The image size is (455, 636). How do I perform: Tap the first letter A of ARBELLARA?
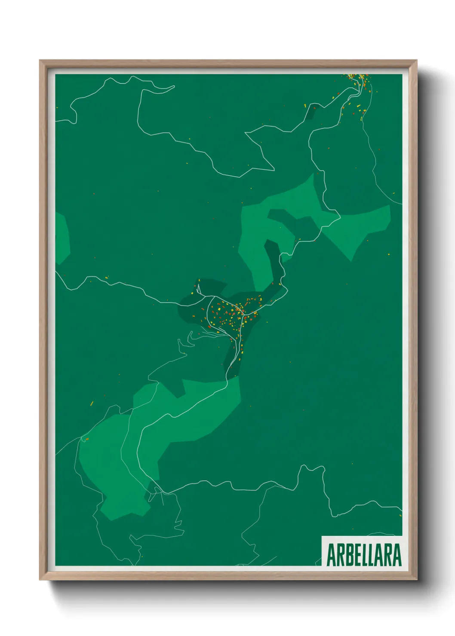click(x=332, y=555)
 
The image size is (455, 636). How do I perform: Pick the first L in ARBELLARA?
click(x=366, y=555)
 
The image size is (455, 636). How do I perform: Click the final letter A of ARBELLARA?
click(x=397, y=555)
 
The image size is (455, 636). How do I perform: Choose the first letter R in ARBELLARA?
click(x=341, y=555)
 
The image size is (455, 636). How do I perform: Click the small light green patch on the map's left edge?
click(x=61, y=238)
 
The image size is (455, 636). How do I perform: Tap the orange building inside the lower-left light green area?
click(x=86, y=439)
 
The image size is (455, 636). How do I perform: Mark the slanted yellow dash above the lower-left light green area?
click(x=92, y=403)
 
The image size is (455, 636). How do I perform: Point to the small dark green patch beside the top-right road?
click(x=311, y=113)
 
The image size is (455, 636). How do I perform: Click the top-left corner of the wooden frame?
click(x=40, y=61)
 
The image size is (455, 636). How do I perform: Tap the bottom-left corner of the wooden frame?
click(x=40, y=580)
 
